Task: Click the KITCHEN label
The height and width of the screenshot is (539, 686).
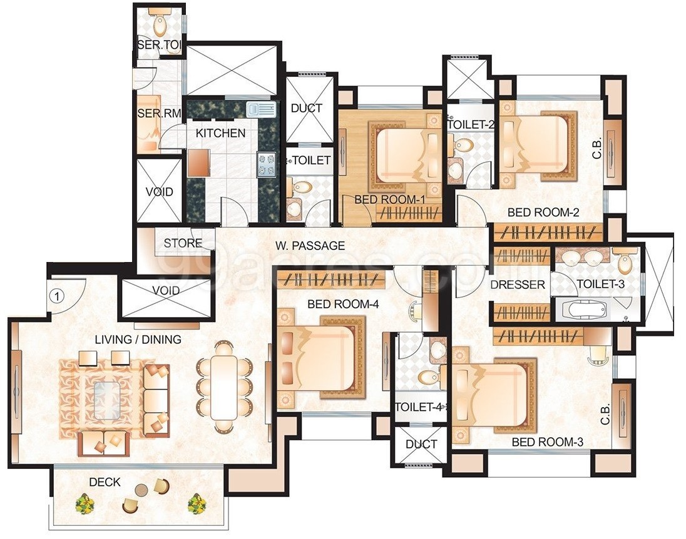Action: [220, 133]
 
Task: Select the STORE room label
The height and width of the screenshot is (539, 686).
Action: [183, 243]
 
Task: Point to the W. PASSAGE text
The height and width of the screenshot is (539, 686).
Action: [310, 245]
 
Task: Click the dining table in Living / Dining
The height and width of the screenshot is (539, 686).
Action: [223, 386]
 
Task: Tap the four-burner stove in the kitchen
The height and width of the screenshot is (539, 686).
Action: [265, 164]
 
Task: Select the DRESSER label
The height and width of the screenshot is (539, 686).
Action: [518, 285]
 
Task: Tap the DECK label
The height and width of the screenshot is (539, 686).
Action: [105, 482]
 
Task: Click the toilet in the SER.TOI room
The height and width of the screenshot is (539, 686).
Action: [160, 26]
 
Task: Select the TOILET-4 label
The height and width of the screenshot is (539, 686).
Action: [419, 407]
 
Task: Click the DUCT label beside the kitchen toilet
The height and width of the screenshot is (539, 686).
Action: [306, 108]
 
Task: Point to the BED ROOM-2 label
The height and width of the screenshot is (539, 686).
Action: [543, 213]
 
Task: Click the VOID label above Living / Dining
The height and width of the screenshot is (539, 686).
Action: [166, 291]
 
